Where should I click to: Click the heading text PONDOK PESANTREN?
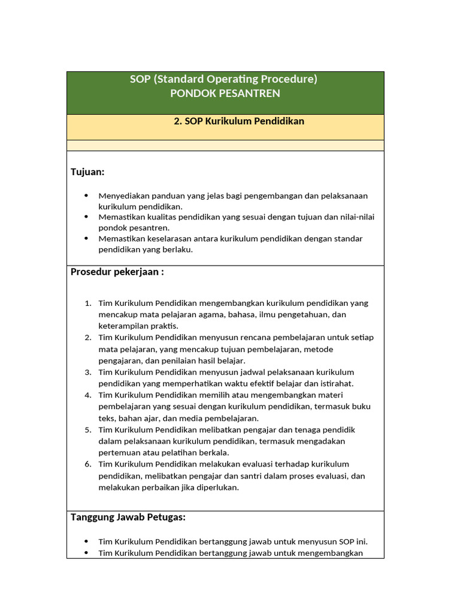(225, 93)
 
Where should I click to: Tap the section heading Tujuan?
(87, 172)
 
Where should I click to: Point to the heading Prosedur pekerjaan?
(117, 272)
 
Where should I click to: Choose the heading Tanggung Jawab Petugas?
(128, 517)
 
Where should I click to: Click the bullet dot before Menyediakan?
(86, 195)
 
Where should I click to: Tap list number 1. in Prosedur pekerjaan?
(87, 303)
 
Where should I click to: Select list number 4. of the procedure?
(87, 395)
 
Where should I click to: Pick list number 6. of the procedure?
(87, 464)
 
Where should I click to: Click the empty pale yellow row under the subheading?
(225, 146)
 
